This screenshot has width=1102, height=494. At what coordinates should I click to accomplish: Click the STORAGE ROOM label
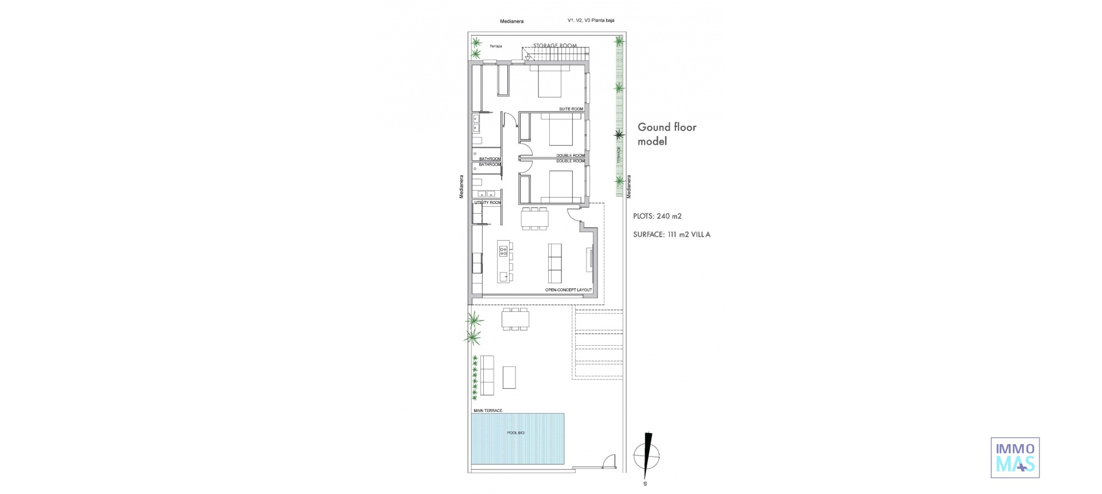[x=554, y=46]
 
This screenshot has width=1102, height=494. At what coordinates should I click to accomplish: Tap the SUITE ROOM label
[x=571, y=109]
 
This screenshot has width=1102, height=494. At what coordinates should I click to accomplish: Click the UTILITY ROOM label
[x=487, y=203]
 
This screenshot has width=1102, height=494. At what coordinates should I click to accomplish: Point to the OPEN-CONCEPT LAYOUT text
[x=568, y=290]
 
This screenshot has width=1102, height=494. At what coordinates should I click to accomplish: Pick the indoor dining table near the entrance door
[x=534, y=219]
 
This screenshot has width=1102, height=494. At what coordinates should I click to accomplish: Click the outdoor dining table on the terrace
[x=515, y=319]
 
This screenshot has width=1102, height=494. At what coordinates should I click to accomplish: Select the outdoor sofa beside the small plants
[x=487, y=375]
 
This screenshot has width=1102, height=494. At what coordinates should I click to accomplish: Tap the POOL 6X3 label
[x=515, y=433]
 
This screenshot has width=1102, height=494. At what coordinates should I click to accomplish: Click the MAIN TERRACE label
[x=488, y=411]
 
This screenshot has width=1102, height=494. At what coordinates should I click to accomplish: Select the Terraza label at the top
[x=496, y=46]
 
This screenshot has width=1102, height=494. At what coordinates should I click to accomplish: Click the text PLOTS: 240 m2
[x=657, y=217]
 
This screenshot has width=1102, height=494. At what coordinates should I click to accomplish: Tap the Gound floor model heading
[x=667, y=134]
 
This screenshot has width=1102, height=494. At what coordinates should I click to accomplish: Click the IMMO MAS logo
[x=1015, y=457]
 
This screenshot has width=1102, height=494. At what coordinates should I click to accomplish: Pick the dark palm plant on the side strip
[x=619, y=135]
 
